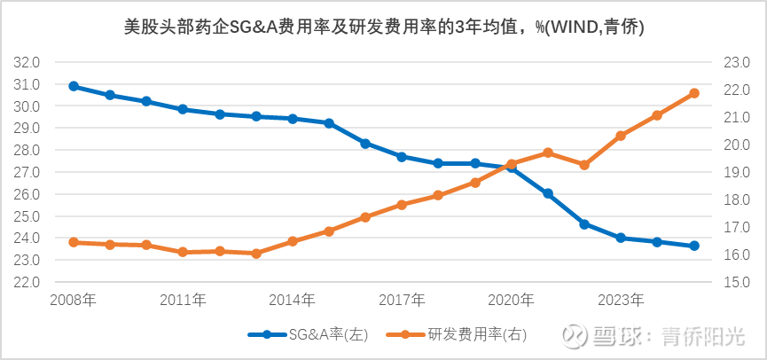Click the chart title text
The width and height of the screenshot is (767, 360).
[x=384, y=27]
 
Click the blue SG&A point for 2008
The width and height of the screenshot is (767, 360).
[x=74, y=86]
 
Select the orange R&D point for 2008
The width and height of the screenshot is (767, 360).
[x=74, y=242]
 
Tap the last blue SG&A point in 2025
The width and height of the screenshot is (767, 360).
[x=694, y=246]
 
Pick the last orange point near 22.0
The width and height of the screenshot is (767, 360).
[x=694, y=93]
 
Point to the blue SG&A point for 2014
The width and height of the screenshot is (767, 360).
[x=293, y=118]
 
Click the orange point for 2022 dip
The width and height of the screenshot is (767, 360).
[x=584, y=165]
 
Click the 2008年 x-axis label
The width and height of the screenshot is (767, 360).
[x=74, y=301]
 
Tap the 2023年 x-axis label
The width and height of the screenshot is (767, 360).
[x=621, y=301]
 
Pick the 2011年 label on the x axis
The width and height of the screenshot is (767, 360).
[x=183, y=301]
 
